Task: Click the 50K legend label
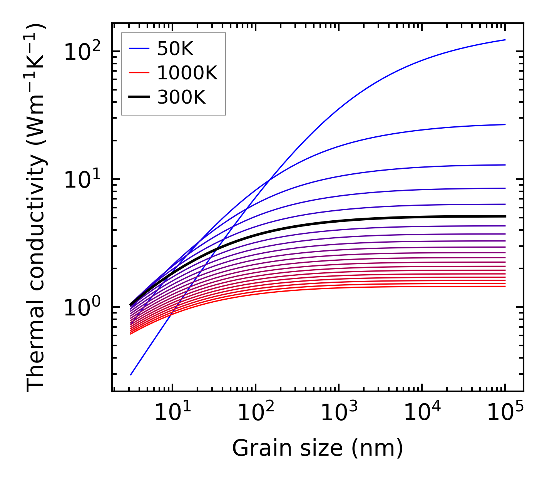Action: pos(175,49)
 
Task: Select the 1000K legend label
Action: pos(187,73)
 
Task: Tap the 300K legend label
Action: pos(181,97)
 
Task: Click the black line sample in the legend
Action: pos(139,97)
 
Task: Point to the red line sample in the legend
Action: pos(139,73)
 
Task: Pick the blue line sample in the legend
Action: pos(139,49)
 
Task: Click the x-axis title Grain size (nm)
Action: pos(318,448)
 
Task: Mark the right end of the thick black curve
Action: pos(505,216)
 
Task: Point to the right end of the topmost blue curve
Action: pos(505,40)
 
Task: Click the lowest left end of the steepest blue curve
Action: pos(131,374)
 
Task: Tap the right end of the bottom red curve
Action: pos(505,286)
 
